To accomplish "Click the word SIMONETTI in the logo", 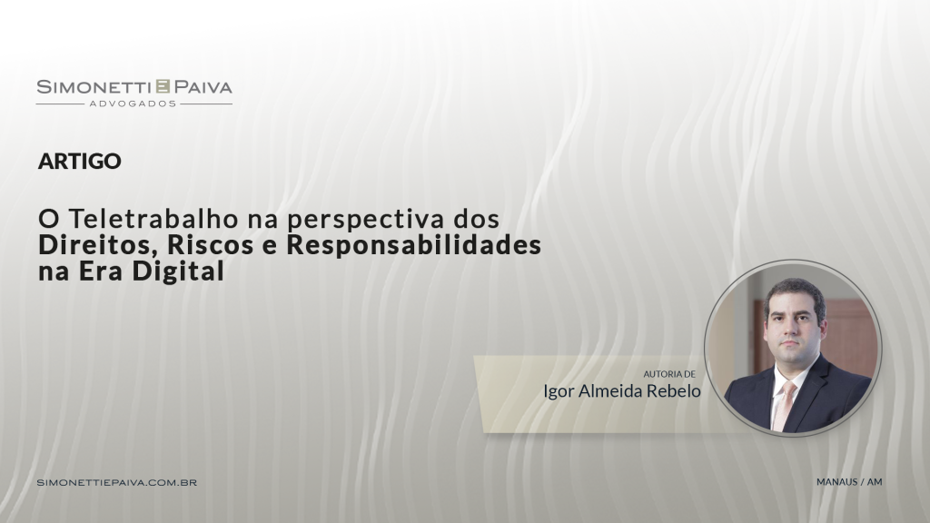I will tap(94, 87).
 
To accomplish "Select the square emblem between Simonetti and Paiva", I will tap(163, 87).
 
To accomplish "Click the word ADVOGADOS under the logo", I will tap(134, 104).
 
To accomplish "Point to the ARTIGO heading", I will tap(80, 162).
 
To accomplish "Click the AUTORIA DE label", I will tap(669, 373).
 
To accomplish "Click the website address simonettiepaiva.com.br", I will tap(117, 481).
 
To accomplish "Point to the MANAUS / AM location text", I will tap(850, 481).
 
